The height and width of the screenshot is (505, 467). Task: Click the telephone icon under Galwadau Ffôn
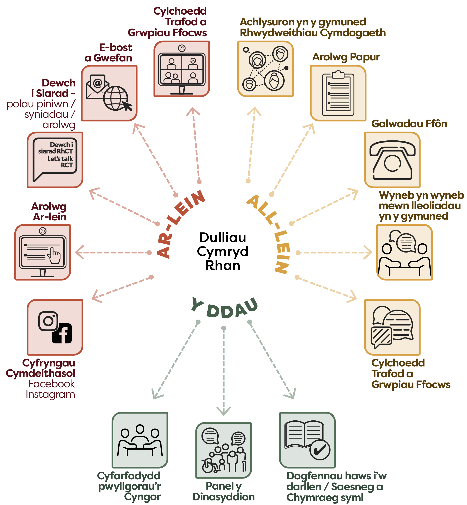392,160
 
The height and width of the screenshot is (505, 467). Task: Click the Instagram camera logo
48,321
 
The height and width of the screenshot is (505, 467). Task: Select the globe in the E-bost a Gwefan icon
116,98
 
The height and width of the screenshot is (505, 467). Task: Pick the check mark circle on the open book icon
320,449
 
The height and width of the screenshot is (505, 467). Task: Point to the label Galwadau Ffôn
409,124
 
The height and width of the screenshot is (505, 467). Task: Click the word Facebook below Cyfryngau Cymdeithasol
51,384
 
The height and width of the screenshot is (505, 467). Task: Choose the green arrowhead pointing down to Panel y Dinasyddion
224,410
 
